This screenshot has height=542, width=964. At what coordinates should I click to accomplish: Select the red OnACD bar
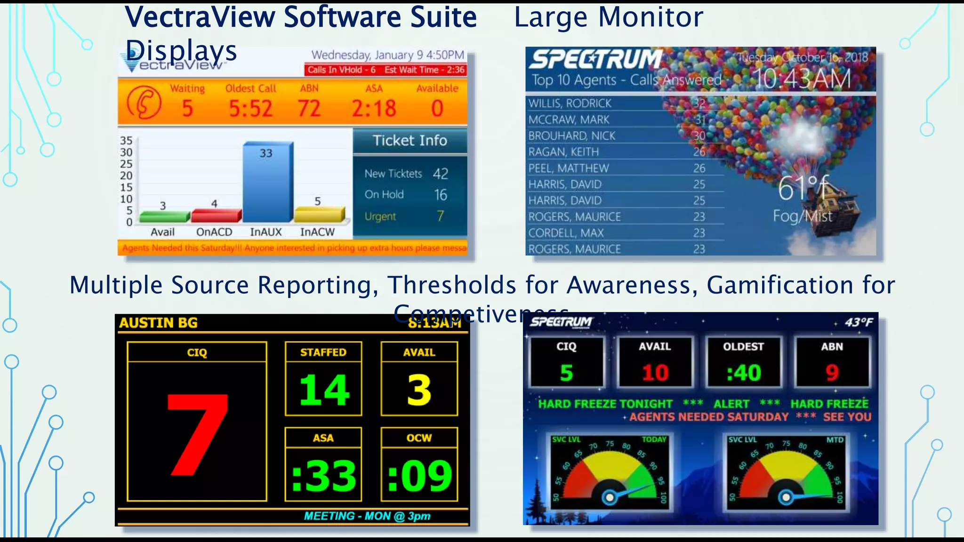(215, 216)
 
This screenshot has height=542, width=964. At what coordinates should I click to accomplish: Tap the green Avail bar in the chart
(164, 217)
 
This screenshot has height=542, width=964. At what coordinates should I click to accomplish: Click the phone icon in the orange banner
(144, 103)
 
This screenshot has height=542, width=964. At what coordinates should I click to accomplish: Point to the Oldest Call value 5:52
(250, 109)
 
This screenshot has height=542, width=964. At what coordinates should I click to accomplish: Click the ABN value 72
(309, 109)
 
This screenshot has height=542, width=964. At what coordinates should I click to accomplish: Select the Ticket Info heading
(410, 141)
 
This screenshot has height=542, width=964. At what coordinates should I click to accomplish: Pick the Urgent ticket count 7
(440, 216)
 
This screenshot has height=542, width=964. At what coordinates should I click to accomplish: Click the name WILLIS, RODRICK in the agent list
(570, 104)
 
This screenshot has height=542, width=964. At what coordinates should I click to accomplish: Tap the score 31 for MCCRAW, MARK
(700, 120)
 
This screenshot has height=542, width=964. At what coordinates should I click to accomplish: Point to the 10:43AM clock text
(803, 79)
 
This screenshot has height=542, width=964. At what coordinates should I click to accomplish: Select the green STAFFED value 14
(324, 390)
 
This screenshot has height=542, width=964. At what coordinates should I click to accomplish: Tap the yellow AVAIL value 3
(419, 390)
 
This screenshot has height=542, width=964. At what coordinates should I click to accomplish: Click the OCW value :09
(419, 476)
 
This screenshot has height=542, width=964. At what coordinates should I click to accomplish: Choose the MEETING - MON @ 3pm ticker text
(367, 516)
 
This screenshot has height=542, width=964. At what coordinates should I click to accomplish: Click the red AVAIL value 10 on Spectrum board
(655, 373)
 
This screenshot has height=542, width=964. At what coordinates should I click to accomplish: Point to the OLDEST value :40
(743, 373)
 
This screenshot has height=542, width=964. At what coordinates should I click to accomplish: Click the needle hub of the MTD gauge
(786, 497)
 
